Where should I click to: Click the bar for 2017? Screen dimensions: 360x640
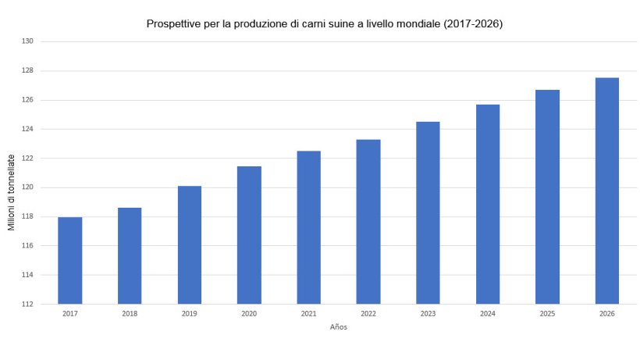[x=70, y=261]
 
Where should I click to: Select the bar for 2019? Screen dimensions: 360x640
[x=190, y=245]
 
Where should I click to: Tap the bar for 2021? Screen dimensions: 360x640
[x=309, y=227]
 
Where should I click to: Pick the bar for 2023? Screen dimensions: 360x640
[x=428, y=212]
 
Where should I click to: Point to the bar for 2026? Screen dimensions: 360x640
[x=606, y=191]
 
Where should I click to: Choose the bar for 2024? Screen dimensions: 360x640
[x=488, y=204]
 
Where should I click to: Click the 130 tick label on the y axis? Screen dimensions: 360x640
[x=27, y=41]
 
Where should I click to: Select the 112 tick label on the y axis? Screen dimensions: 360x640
[x=27, y=304]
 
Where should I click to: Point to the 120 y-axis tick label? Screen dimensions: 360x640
[x=27, y=187]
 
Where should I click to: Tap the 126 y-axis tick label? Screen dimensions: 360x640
[x=27, y=100]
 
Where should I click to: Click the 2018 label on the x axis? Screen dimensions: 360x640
[x=130, y=313]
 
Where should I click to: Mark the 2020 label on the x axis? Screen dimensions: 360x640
[x=249, y=313]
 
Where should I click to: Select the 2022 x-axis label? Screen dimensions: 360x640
[x=368, y=313]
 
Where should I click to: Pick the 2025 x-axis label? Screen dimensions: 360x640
[x=547, y=313]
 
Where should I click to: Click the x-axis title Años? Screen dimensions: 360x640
[x=338, y=327]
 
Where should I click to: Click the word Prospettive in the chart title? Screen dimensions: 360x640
[x=173, y=24]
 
